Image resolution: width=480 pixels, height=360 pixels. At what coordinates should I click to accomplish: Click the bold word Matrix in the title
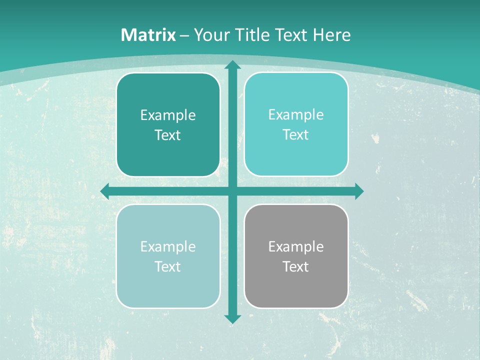point(148,35)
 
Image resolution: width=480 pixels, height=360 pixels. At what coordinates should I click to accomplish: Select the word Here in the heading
point(331,35)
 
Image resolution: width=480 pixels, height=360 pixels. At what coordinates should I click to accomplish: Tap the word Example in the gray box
point(296,246)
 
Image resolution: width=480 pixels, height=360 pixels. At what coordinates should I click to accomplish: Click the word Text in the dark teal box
point(168,135)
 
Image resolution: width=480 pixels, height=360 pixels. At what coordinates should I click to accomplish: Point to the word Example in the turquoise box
point(296,114)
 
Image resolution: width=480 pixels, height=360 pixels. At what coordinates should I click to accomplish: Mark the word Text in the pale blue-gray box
point(168,266)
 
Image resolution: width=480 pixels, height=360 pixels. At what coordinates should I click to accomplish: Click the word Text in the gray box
point(296,266)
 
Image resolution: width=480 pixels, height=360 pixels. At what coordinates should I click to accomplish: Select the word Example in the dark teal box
point(168,115)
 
